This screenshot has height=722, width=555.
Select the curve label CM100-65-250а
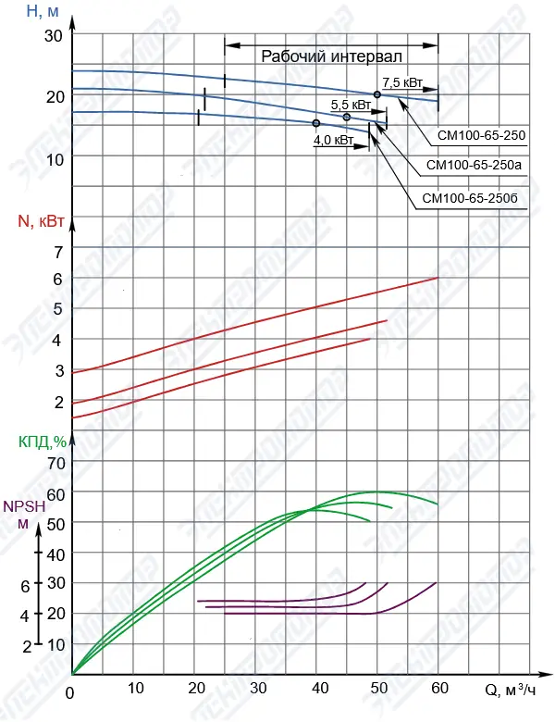[x=474, y=166]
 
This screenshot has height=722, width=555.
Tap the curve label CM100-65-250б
[x=473, y=198]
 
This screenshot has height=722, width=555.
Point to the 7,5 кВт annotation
[x=402, y=83]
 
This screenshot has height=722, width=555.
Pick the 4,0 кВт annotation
[x=333, y=140]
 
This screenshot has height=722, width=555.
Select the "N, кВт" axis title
[x=41, y=221]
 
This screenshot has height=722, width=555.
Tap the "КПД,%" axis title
[x=43, y=441]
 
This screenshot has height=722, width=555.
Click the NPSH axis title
[x=21, y=506]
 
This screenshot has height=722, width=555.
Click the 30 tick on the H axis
[x=53, y=35]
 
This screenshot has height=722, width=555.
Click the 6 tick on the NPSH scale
[x=25, y=586]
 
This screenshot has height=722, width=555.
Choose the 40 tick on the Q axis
[x=320, y=689]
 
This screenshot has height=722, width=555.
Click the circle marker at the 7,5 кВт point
[x=377, y=95]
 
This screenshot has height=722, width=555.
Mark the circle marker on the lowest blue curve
[x=316, y=123]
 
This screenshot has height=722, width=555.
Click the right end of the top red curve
[x=437, y=278]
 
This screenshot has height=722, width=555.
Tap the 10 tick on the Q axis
[x=135, y=689]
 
